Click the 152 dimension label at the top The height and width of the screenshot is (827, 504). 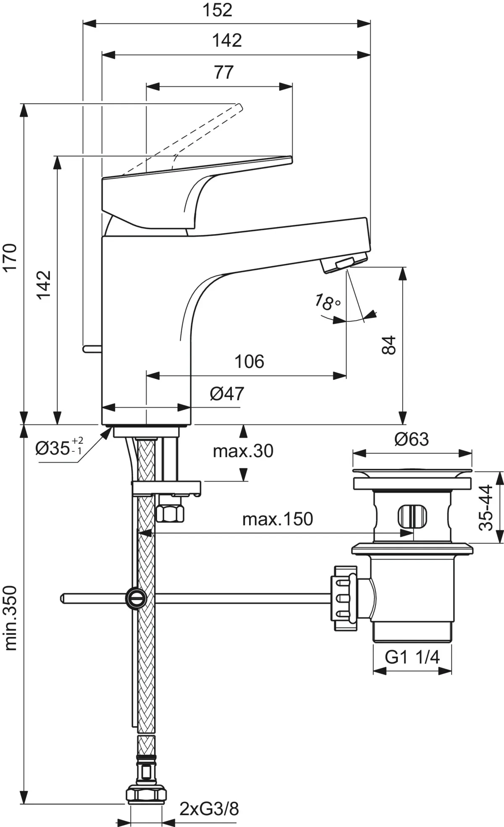pyautogui.click(x=217, y=10)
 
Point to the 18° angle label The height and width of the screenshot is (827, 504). pyautogui.click(x=327, y=302)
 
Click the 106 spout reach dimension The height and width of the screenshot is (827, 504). pyautogui.click(x=249, y=361)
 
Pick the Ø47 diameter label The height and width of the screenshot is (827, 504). pyautogui.click(x=227, y=394)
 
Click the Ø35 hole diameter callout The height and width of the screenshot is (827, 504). pyautogui.click(x=59, y=448)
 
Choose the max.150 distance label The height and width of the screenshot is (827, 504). pyautogui.click(x=278, y=519)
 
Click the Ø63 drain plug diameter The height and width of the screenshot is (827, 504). pyautogui.click(x=412, y=440)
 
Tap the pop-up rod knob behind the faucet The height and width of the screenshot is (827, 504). pyautogui.click(x=92, y=348)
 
